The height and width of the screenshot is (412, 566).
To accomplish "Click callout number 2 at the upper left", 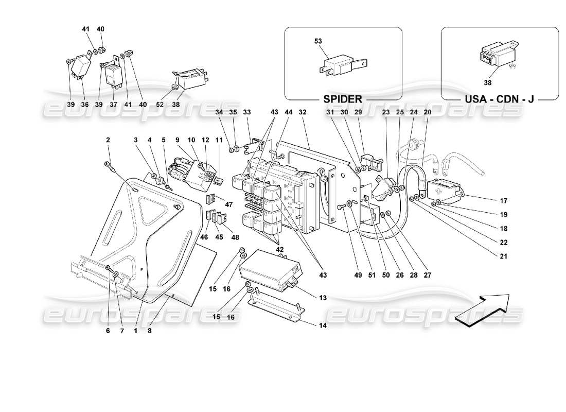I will coord(109,140).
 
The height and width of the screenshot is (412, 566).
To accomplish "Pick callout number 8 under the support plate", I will coord(150,331).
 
